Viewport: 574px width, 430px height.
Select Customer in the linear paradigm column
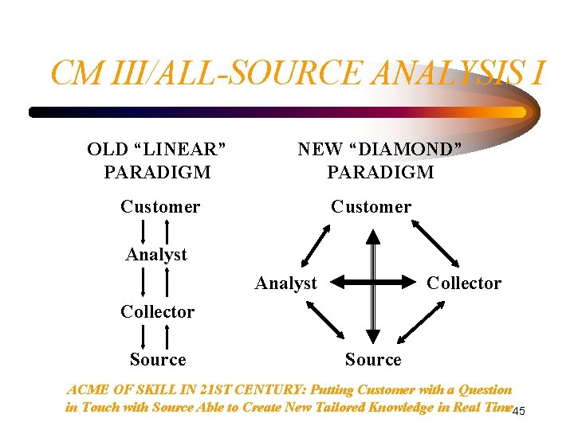click(x=160, y=207)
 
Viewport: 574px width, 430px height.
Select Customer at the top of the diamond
click(x=372, y=207)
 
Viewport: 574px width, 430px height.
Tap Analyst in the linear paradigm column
click(x=156, y=255)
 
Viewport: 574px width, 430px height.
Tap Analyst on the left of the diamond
click(x=285, y=283)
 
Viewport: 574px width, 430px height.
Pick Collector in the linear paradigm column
click(x=157, y=312)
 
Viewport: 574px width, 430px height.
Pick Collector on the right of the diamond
click(x=464, y=283)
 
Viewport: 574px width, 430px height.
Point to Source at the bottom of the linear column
click(x=158, y=360)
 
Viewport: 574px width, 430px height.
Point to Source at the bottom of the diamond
click(x=373, y=360)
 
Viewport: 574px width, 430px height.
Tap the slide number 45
click(x=518, y=411)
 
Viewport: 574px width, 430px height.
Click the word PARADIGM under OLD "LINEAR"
click(x=157, y=172)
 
